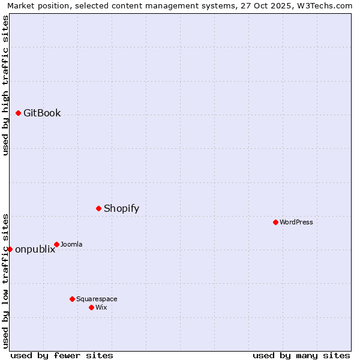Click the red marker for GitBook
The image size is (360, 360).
(19, 113)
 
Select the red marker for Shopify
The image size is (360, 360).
(99, 208)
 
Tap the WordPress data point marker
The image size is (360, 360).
(275, 222)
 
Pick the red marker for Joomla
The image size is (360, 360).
(57, 244)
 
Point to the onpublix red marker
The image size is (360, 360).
(10, 249)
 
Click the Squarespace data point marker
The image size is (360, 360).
(72, 299)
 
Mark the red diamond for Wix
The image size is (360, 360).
(91, 307)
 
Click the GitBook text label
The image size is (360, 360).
(42, 113)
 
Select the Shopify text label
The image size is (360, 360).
(121, 208)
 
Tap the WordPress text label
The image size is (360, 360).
(296, 222)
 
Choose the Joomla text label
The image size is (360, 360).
(71, 244)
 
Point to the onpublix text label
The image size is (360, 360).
(35, 249)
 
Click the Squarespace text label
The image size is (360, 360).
(97, 299)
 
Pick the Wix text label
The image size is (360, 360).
(101, 307)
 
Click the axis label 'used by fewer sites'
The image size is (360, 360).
(62, 355)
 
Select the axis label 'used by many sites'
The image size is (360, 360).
(301, 355)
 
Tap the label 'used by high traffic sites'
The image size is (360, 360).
(5, 85)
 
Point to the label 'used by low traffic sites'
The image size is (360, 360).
(5, 280)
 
